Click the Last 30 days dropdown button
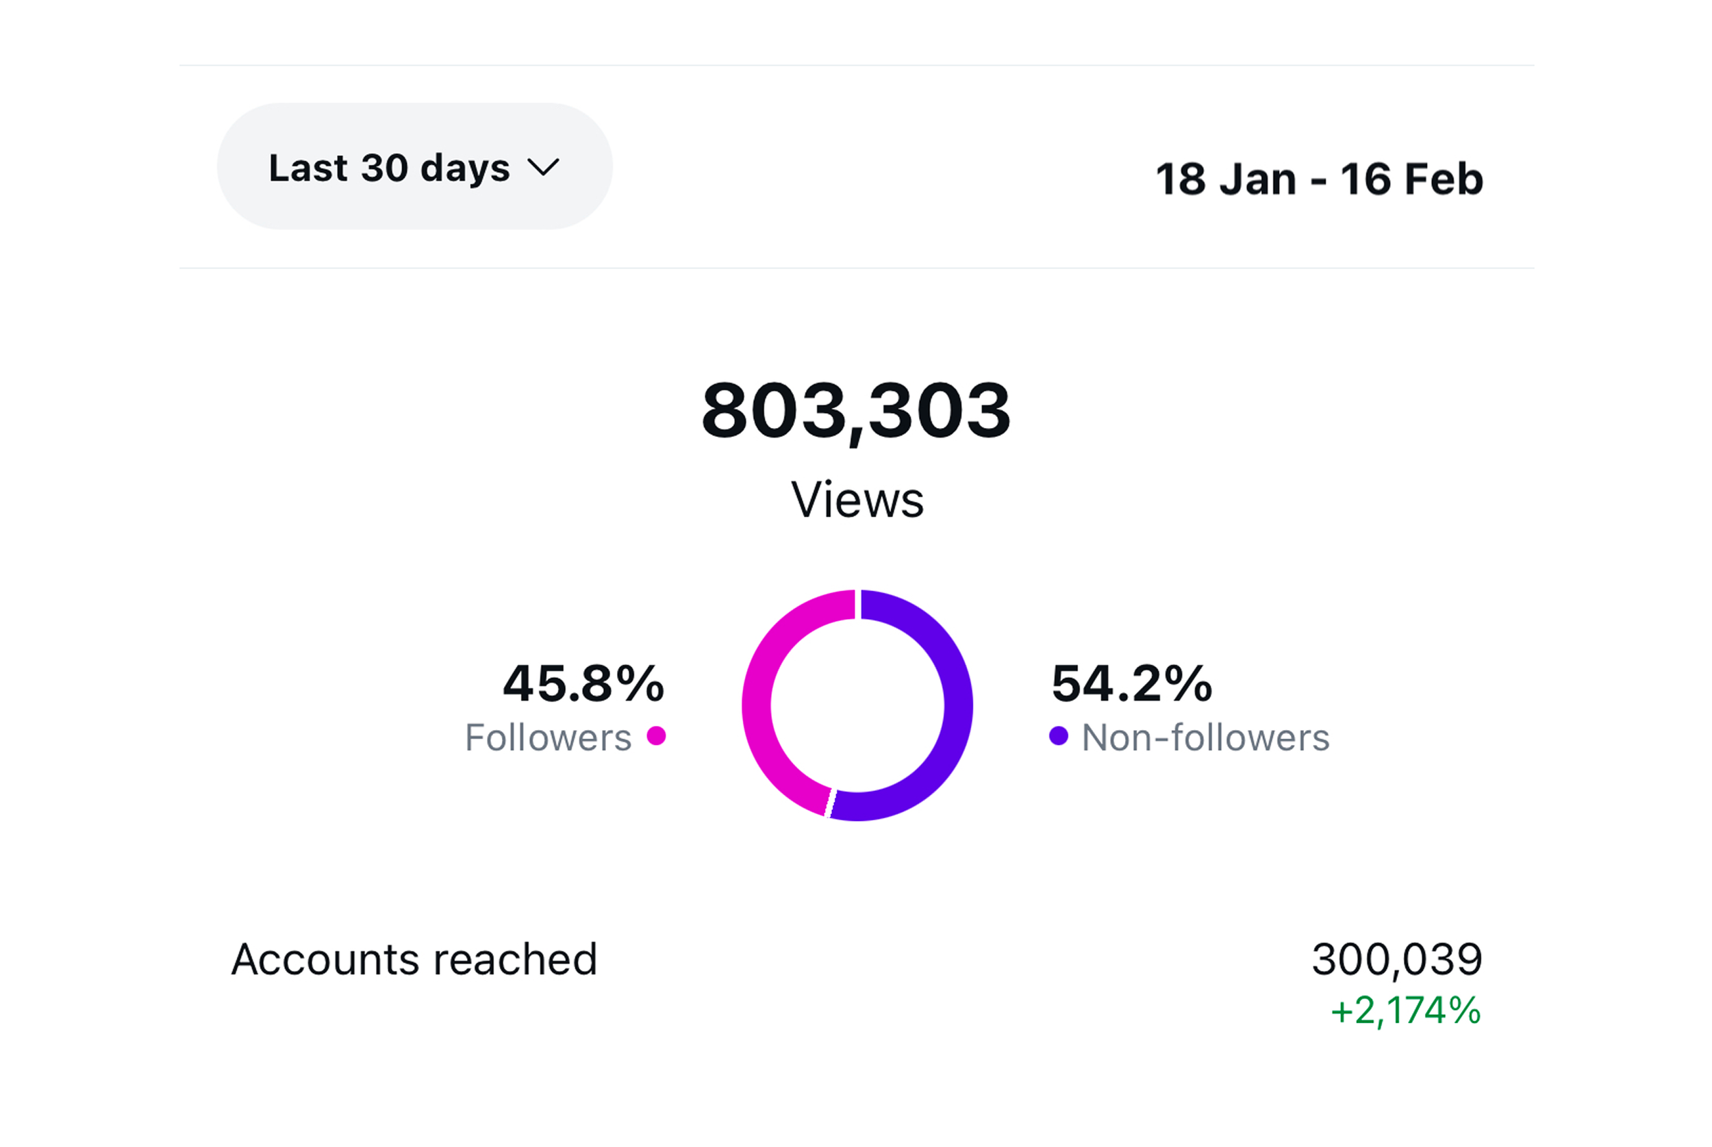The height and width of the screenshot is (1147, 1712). [414, 167]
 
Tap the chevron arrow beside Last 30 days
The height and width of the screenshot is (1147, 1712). [543, 168]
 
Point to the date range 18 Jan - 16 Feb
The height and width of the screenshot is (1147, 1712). [1318, 179]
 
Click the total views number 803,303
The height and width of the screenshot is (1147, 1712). [855, 411]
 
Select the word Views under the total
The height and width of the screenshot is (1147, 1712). [857, 501]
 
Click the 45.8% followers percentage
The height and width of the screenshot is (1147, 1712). [583, 684]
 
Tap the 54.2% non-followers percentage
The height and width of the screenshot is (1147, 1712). [1131, 684]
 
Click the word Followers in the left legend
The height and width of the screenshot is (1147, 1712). [548, 738]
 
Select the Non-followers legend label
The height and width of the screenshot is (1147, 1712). [1205, 738]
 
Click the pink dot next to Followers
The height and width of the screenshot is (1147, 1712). [656, 736]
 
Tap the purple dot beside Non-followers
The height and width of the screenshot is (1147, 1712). [1058, 736]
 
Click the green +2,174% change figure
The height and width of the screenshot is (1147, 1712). [1405, 1011]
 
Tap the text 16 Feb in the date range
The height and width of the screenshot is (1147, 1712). [1411, 179]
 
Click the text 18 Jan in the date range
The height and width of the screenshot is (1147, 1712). [1226, 179]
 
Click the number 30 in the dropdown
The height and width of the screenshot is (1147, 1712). [384, 168]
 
